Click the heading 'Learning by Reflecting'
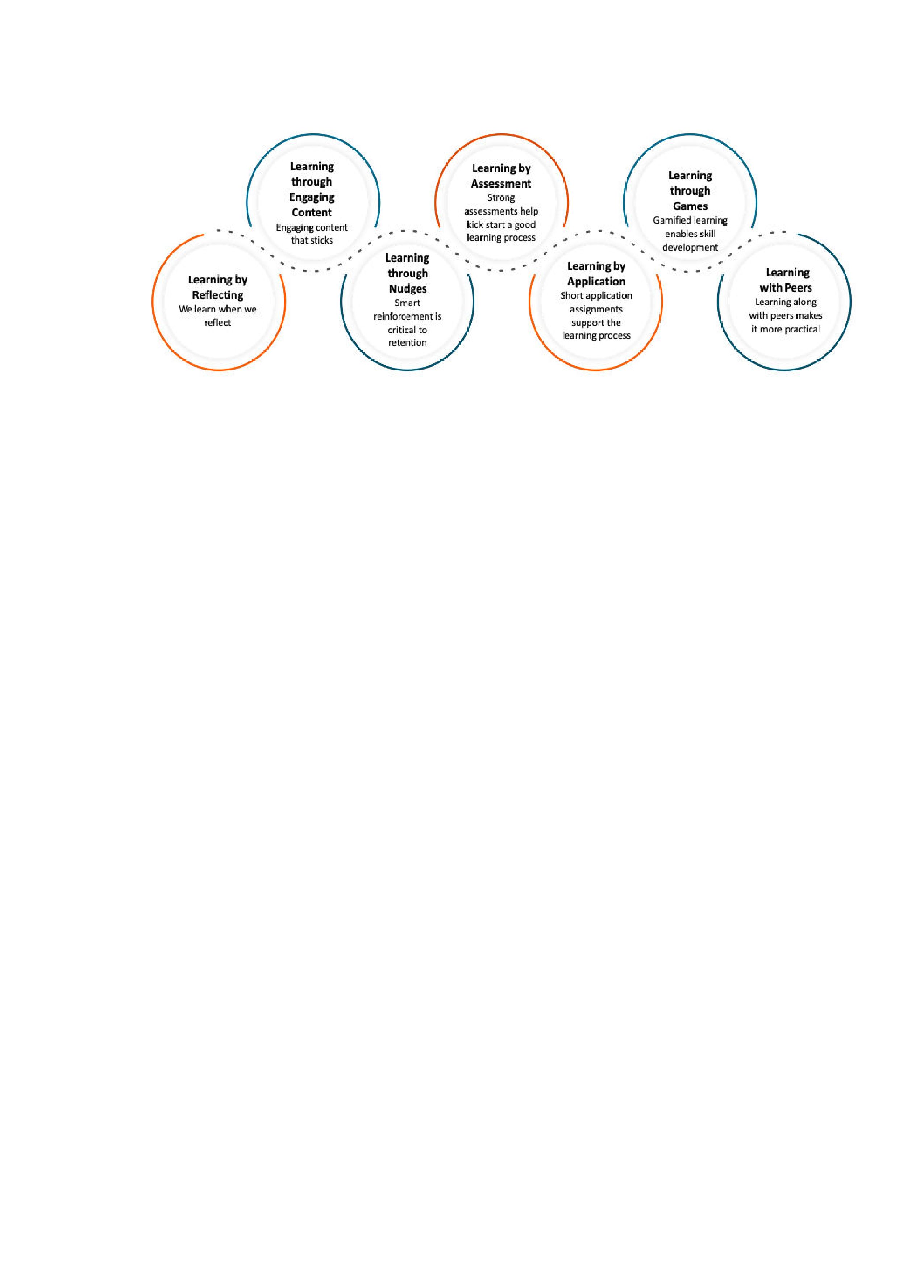pyautogui.click(x=217, y=287)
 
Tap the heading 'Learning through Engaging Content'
pyautogui.click(x=312, y=189)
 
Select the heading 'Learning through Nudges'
pyautogui.click(x=407, y=273)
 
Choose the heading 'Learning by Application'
pyautogui.click(x=596, y=274)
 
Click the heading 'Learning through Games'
pyautogui.click(x=690, y=191)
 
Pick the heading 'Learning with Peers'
pyautogui.click(x=786, y=280)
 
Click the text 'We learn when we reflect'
pyautogui.click(x=217, y=316)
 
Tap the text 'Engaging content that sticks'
pyautogui.click(x=312, y=234)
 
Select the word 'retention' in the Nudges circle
pyautogui.click(x=407, y=343)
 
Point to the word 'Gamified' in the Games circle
pyautogui.click(x=671, y=220)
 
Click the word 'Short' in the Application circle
pyautogui.click(x=571, y=296)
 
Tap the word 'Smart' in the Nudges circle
pyautogui.click(x=407, y=303)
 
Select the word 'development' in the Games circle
pyautogui.click(x=690, y=248)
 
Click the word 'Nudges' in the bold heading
pyautogui.click(x=408, y=289)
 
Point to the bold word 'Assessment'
pyautogui.click(x=501, y=184)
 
